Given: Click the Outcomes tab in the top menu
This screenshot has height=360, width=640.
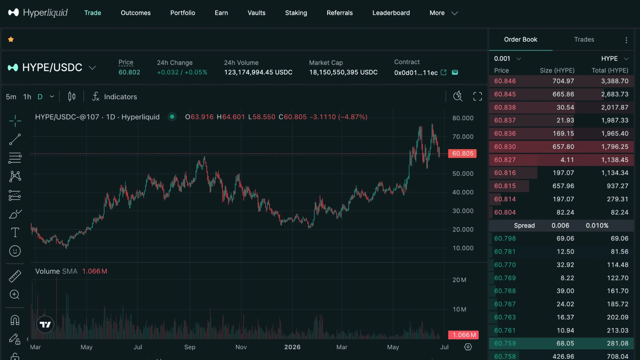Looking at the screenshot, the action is coord(136,13).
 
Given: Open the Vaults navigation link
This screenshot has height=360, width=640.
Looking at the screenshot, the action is coord(256,13).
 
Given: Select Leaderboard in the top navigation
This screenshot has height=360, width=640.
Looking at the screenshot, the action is coord(391,13).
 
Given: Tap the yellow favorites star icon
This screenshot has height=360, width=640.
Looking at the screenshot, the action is coord(11,40).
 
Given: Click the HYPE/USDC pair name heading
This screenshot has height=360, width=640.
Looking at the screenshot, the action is coord(52,68).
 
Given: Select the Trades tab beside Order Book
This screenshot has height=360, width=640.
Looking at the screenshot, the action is coord(584,40).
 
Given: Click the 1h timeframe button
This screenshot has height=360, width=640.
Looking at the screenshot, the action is coord(27,97).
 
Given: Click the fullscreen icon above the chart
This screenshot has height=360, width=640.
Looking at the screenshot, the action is coord(478,96).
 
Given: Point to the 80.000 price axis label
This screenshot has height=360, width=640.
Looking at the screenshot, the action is coord(462,118).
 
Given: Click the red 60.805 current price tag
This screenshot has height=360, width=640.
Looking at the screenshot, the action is coord(462,154).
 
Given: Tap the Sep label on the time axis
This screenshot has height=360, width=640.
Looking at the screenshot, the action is coord(190,347).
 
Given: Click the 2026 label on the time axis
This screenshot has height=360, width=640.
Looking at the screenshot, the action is coord(292,347).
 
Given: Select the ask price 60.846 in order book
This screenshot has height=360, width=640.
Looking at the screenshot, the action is coord(505,81).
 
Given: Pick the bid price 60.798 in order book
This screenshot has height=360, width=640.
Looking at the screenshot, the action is coord(505,238).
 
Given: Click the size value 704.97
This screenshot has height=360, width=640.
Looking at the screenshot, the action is coord(563,81).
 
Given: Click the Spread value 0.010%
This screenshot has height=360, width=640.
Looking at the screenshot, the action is coord(597,226).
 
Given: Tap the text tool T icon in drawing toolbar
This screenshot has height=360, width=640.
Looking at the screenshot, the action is coord(15,232).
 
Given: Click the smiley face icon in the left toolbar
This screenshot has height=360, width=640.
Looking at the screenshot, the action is coord(15,251).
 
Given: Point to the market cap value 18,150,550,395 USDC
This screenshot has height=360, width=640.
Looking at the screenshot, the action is coord(343,72).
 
